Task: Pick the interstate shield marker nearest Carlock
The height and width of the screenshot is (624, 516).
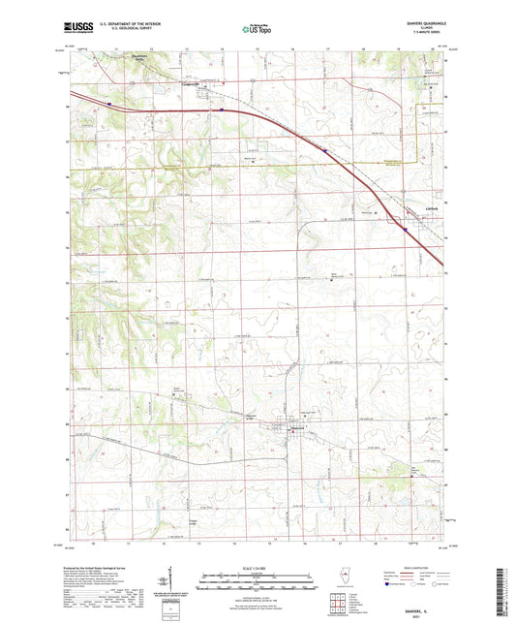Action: click(404, 230)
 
